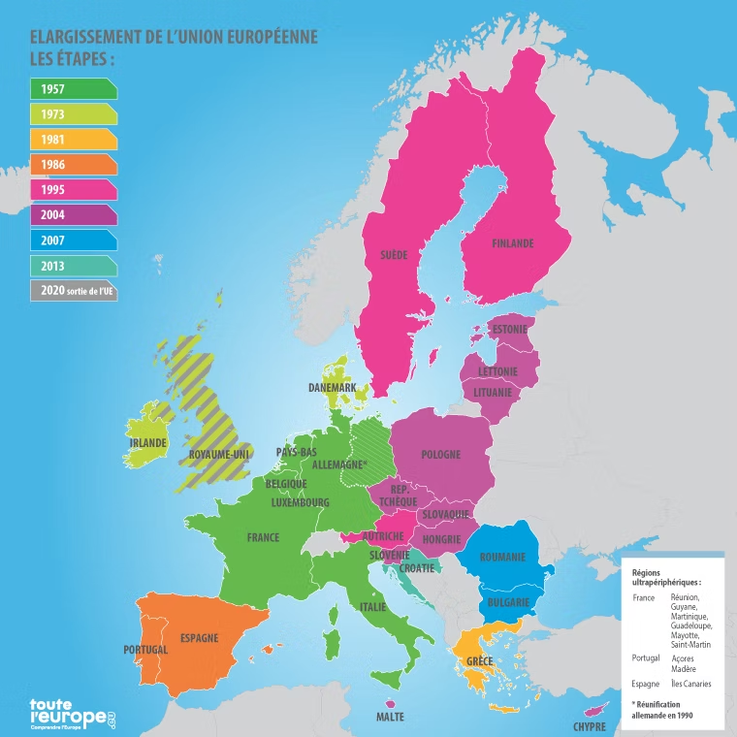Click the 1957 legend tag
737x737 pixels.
click(x=73, y=89)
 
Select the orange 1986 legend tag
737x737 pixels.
click(x=73, y=164)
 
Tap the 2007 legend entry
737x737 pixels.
click(x=73, y=240)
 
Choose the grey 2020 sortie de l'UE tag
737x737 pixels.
click(x=73, y=290)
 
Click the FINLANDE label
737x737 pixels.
click(x=513, y=243)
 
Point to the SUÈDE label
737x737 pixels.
click(x=394, y=255)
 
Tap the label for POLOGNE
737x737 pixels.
click(x=441, y=455)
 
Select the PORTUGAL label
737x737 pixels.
click(x=145, y=649)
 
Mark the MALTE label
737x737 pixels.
click(x=390, y=718)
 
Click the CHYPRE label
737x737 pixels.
click(x=590, y=725)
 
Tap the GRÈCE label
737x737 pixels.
click(x=480, y=661)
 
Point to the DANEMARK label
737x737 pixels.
click(x=332, y=388)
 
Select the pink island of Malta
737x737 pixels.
click(x=390, y=704)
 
